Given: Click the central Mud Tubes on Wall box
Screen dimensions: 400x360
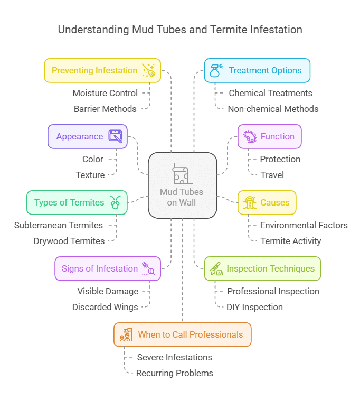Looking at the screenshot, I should coord(182,185).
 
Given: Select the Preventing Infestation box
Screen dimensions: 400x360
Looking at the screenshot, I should coord(102,70).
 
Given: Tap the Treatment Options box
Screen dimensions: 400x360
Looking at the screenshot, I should coord(257,70).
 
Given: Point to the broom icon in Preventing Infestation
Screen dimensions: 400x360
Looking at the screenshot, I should coord(148,71).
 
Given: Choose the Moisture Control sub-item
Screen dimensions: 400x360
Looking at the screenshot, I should coord(105,93).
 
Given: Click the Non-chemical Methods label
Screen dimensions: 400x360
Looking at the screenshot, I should coord(273,109).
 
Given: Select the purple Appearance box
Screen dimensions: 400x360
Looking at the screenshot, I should coord(88,136).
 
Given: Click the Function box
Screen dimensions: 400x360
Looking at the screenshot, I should coord(269,136).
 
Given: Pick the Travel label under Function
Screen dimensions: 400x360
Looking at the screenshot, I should coord(272,175).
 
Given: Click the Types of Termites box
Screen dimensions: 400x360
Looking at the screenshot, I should coord(77,202).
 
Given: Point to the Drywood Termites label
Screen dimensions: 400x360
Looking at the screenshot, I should coord(69,241).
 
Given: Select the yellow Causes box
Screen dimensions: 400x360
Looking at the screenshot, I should coord(267,202).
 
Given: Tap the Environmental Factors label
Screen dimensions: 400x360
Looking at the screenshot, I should coord(304,225).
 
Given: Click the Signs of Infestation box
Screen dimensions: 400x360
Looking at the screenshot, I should coord(108,268).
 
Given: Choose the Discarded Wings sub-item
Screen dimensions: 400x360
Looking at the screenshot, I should coord(105,307).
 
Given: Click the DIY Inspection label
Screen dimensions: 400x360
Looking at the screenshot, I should coord(254,307).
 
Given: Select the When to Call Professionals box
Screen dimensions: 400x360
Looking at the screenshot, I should coord(182,334).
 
